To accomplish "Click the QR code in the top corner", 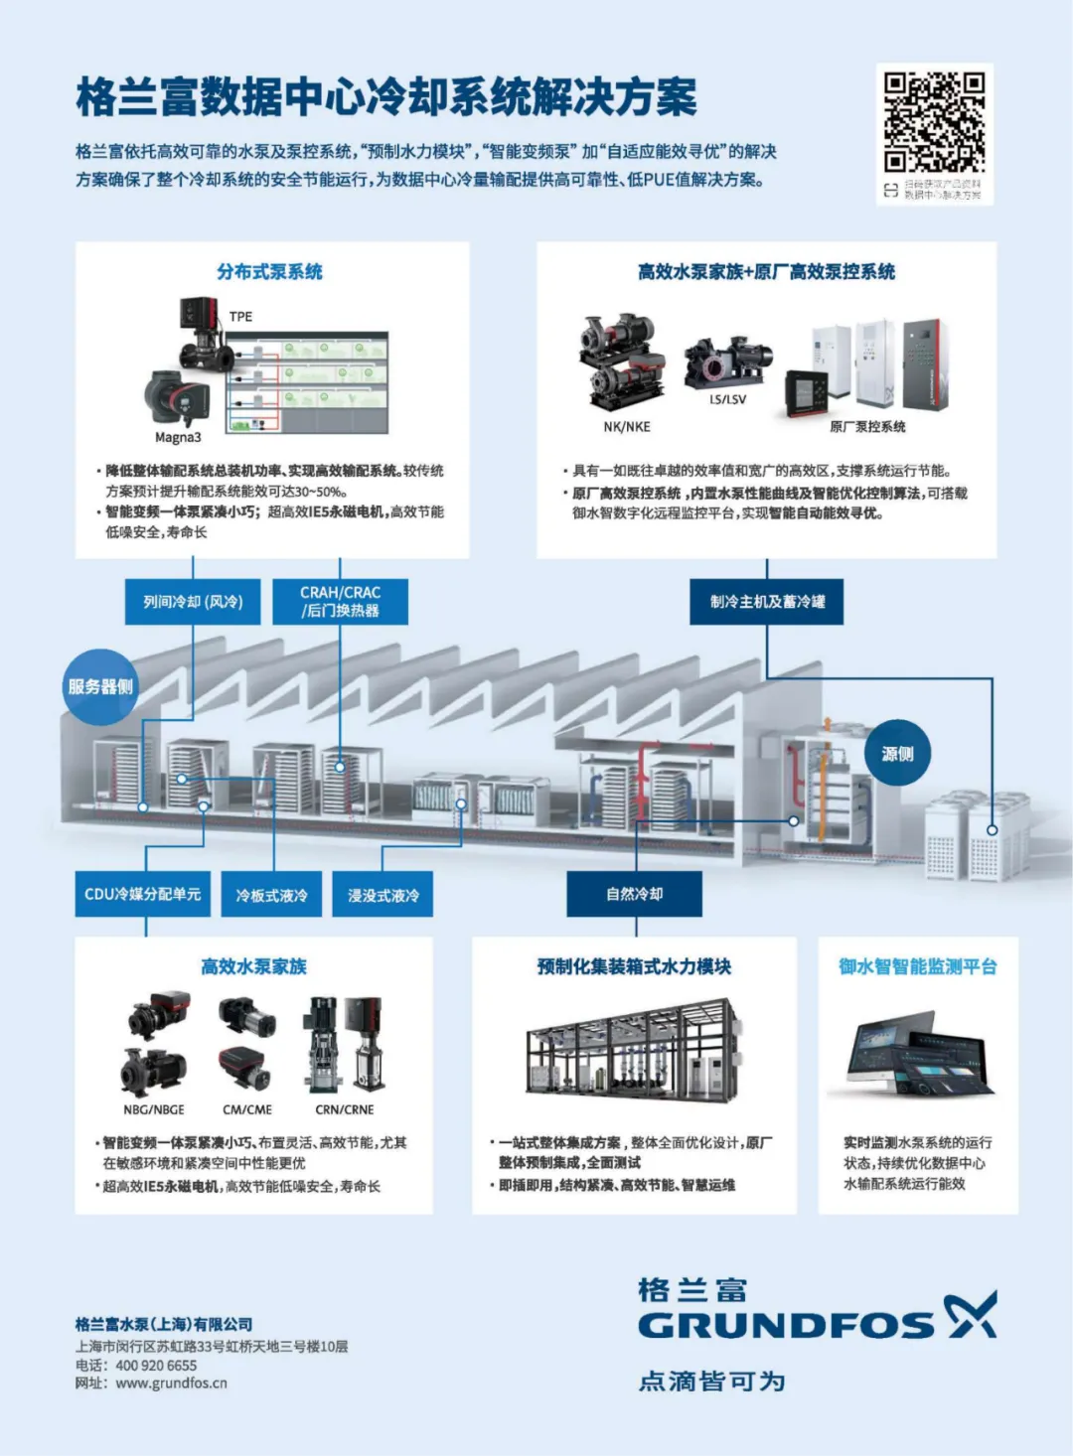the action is coord(934,123).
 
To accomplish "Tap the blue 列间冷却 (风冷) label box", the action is coord(193,602).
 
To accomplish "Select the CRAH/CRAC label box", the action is coord(340,602).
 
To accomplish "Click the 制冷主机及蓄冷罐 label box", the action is coord(767,602).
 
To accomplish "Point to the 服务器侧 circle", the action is coord(100,687).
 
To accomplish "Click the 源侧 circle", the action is coord(897,754).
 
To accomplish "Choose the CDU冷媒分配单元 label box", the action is coord(143,895).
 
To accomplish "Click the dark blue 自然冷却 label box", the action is coord(634,895).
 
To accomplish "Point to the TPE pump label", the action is coord(240,317).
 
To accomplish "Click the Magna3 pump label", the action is coord(178,437).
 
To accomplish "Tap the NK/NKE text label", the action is coord(627,427).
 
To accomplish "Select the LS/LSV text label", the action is coord(727,399).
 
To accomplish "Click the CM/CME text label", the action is coord(247,1109).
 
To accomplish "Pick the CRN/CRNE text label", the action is coord(345,1109).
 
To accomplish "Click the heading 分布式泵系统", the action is coord(270,272).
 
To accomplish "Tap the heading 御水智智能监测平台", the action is coord(917,967).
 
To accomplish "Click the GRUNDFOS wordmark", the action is coord(786,1325).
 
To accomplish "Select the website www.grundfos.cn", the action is coord(171,1383).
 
